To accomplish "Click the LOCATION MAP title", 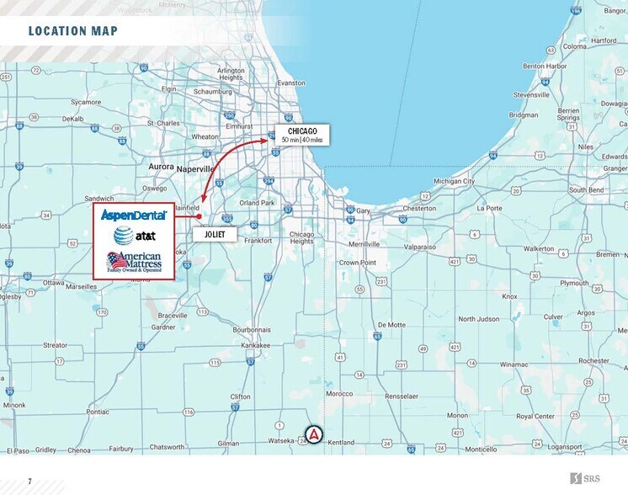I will coord(72,32).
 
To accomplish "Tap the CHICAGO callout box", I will coord(302,136).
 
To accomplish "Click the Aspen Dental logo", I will coord(134,216).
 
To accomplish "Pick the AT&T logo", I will coord(133,236).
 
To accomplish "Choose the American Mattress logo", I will coord(134,262).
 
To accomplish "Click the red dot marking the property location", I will coord(200,216).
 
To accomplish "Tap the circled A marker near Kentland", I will coord(313,434).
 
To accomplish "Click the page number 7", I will coord(29,482).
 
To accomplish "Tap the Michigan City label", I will coord(455,181).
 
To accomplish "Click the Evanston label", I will coord(291,83).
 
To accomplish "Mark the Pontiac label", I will coord(98,412).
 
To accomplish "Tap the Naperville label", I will coord(196,168).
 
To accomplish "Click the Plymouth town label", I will coord(574,284).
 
